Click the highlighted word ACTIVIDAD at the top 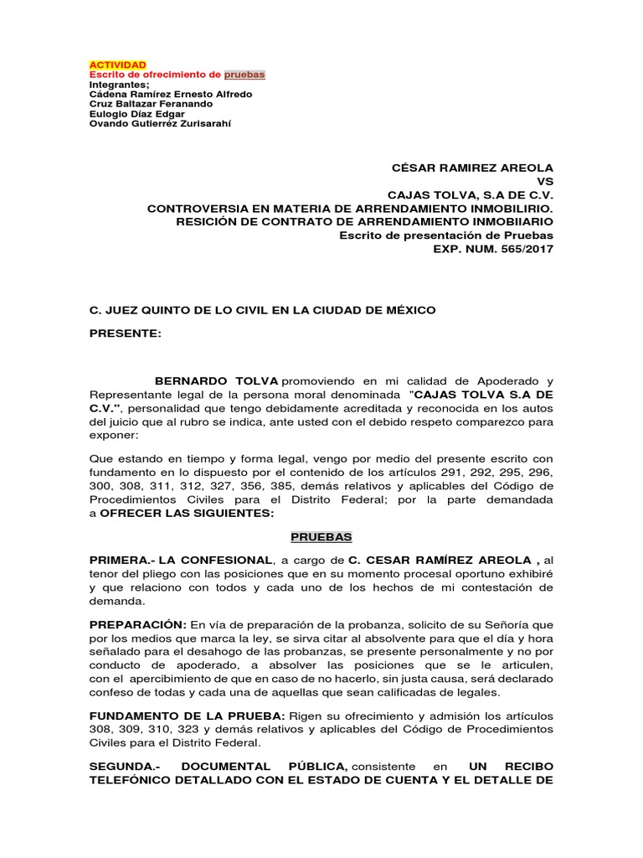[117, 65]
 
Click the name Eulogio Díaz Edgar [137, 114]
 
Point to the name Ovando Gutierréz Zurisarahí [159, 124]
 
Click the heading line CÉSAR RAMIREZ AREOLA [472, 168]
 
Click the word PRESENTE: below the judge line [126, 333]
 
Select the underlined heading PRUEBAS [321, 535]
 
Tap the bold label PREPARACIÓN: [138, 625]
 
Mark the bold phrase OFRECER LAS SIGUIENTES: [175, 513]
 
